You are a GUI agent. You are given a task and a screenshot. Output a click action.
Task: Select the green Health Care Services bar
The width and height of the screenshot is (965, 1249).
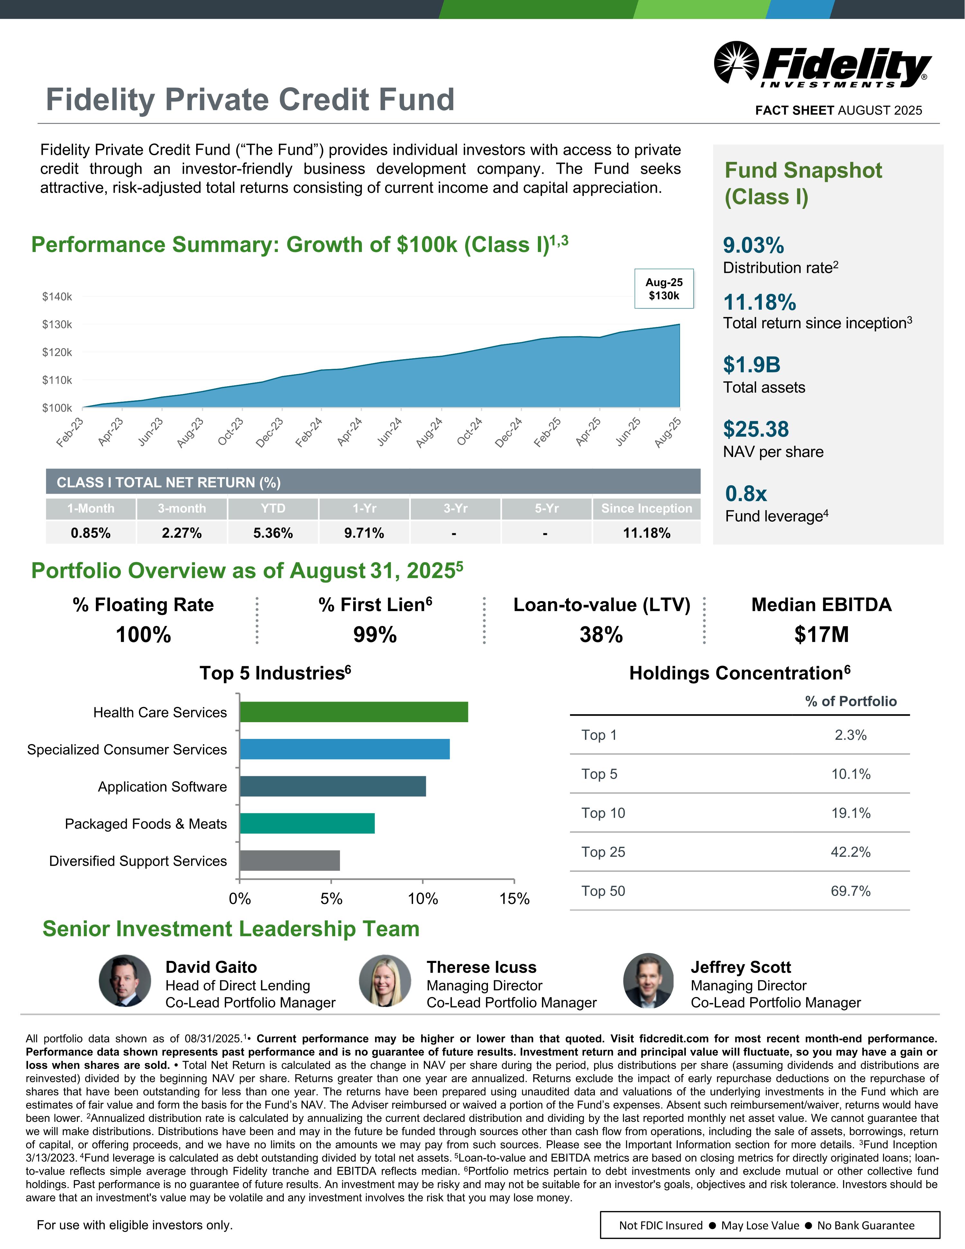(353, 712)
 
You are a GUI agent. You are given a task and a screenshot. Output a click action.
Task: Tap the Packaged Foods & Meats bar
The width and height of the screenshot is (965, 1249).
(307, 824)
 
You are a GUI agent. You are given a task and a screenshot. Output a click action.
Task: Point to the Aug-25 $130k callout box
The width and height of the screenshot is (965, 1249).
(664, 289)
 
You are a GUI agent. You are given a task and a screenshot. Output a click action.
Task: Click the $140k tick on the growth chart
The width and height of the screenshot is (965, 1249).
(57, 296)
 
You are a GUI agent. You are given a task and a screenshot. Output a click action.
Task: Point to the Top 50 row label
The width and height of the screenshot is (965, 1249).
(603, 891)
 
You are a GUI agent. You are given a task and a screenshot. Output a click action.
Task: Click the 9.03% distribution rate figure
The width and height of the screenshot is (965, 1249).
(753, 245)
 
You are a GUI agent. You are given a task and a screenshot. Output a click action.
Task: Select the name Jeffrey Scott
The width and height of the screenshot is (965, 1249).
(740, 967)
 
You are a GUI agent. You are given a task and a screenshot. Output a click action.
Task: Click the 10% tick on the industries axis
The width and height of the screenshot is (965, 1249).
(423, 899)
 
